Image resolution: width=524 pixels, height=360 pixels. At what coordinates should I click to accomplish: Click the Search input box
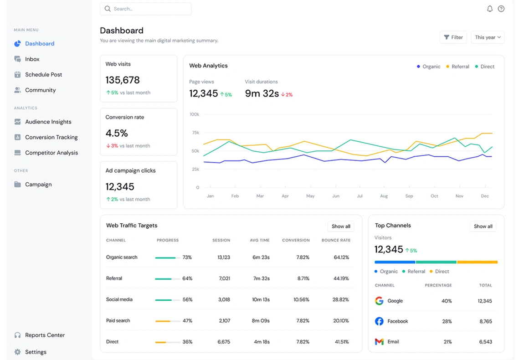(145, 9)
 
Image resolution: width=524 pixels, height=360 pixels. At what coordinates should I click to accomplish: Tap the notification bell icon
(490, 9)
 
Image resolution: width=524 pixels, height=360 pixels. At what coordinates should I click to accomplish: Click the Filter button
(453, 37)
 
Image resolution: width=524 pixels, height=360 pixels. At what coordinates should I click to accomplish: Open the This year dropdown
(488, 37)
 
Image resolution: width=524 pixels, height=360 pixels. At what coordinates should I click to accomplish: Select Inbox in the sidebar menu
(32, 59)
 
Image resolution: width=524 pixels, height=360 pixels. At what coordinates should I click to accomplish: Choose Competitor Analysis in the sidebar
(51, 153)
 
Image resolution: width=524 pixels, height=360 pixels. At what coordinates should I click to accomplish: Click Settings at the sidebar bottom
(36, 352)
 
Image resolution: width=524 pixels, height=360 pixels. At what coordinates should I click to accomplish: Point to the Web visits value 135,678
(123, 80)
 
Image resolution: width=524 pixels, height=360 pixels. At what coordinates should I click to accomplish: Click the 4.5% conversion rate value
(117, 133)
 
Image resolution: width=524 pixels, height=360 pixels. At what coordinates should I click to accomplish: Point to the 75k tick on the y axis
(195, 133)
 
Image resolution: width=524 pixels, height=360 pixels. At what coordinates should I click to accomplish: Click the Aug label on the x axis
(384, 196)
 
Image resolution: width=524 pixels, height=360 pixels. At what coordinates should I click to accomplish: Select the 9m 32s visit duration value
(262, 93)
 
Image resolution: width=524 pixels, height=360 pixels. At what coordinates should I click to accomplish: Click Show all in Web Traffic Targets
(341, 226)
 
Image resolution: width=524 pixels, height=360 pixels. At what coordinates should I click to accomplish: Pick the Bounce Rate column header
(336, 240)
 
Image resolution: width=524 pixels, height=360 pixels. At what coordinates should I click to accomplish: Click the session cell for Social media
(224, 299)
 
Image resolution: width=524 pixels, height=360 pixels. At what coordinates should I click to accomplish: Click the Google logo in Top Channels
(379, 301)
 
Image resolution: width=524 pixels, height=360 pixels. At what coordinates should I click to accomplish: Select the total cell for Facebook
(485, 321)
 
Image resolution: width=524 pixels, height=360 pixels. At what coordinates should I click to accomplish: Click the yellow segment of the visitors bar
(477, 262)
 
